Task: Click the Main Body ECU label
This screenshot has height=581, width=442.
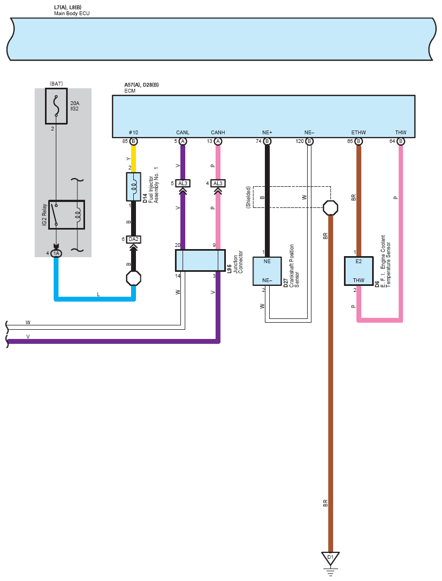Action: pos(71,14)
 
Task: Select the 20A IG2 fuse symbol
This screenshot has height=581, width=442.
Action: pos(56,106)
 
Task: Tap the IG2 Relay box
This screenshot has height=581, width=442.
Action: pos(67,215)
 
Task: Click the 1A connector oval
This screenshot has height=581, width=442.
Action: pos(56,253)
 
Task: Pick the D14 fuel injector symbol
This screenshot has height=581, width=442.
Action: pos(133,187)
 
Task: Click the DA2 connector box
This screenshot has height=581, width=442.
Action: pos(133,239)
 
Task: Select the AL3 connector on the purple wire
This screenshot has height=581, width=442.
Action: pos(183,184)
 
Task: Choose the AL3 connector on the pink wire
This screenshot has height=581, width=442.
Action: pos(218,184)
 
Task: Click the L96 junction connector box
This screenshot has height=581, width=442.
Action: pos(200,260)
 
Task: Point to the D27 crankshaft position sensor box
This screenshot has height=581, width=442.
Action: pos(267,271)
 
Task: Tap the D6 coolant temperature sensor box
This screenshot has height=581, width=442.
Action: pos(359,271)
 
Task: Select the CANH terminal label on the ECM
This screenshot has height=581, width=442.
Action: pos(218,132)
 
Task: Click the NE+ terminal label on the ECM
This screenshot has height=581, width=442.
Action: pos(267,132)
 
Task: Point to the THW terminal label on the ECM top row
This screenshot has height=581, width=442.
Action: pos(401,132)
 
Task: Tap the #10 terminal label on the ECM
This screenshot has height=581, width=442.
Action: pos(133,132)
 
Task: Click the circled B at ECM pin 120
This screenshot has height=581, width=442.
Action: pos(309,141)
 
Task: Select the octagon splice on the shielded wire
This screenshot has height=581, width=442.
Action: pos(330,208)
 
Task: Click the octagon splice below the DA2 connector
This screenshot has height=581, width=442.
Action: pos(133,278)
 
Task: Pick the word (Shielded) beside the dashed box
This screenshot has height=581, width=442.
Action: pos(248,197)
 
